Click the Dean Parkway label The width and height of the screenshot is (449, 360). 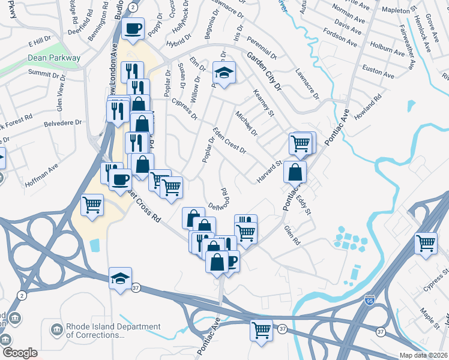[54, 58]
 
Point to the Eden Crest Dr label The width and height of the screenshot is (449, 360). [229, 141]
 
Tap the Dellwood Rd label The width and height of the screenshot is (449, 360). [220, 199]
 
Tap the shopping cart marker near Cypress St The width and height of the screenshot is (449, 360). [426, 244]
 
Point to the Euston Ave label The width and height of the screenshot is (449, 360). [378, 73]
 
